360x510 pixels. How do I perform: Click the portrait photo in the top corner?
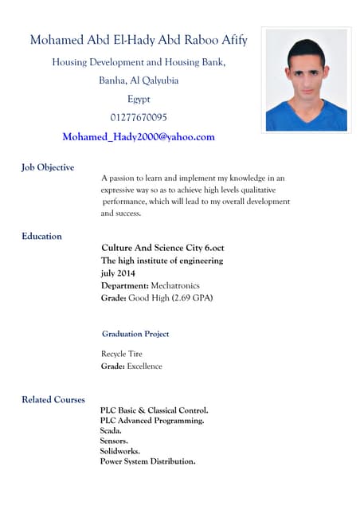point(306,80)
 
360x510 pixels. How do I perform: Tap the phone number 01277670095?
point(139,118)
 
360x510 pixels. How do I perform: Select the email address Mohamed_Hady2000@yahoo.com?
point(139,137)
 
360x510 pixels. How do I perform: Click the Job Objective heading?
point(48,167)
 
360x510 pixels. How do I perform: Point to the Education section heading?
point(41,236)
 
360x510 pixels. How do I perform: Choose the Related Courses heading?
point(53,399)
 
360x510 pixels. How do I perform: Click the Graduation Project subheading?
point(135,334)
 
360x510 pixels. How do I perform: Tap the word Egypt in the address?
point(139,99)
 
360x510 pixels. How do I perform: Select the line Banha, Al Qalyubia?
point(139,80)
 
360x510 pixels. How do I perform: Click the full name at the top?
point(139,41)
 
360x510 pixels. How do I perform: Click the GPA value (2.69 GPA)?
point(193,298)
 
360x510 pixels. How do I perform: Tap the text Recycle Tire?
point(122,353)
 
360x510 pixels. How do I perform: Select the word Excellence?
point(144,367)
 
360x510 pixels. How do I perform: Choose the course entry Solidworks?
point(119,451)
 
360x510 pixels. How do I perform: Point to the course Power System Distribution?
point(147,461)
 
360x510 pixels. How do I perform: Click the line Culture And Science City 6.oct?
point(162,248)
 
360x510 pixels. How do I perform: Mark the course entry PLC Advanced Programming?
point(151,420)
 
